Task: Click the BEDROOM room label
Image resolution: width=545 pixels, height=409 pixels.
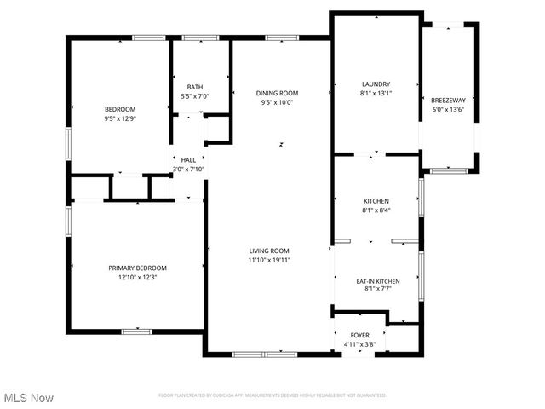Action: pyautogui.click(x=120, y=109)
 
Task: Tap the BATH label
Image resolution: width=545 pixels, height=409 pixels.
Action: pyautogui.click(x=195, y=87)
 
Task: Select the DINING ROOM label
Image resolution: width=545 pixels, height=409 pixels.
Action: pyautogui.click(x=278, y=93)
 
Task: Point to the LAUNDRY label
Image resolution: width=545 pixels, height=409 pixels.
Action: pyautogui.click(x=376, y=84)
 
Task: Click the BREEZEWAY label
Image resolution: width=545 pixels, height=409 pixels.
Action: pyautogui.click(x=448, y=100)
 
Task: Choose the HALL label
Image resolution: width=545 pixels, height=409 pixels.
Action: pyautogui.click(x=188, y=159)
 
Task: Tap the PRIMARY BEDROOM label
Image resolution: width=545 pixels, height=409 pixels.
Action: pyautogui.click(x=137, y=268)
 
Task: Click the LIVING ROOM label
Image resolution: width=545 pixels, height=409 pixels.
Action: pyautogui.click(x=270, y=251)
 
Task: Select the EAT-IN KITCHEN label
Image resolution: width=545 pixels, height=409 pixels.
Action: pyautogui.click(x=376, y=280)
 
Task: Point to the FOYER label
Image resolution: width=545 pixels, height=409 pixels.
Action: pyautogui.click(x=360, y=336)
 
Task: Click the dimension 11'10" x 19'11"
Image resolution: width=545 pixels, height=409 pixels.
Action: pyautogui.click(x=270, y=260)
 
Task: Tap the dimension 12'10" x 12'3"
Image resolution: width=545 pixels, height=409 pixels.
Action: pyautogui.click(x=137, y=277)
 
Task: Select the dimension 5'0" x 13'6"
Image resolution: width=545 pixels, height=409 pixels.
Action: pyautogui.click(x=448, y=109)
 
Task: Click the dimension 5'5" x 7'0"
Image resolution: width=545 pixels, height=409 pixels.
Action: pyautogui.click(x=195, y=96)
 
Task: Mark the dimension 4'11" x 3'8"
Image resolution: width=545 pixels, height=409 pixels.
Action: pyautogui.click(x=360, y=345)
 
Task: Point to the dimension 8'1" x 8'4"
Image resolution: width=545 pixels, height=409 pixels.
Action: pyautogui.click(x=376, y=210)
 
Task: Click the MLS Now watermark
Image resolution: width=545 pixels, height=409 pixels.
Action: pyautogui.click(x=30, y=398)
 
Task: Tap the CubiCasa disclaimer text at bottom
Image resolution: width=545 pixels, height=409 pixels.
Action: pyautogui.click(x=272, y=395)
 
